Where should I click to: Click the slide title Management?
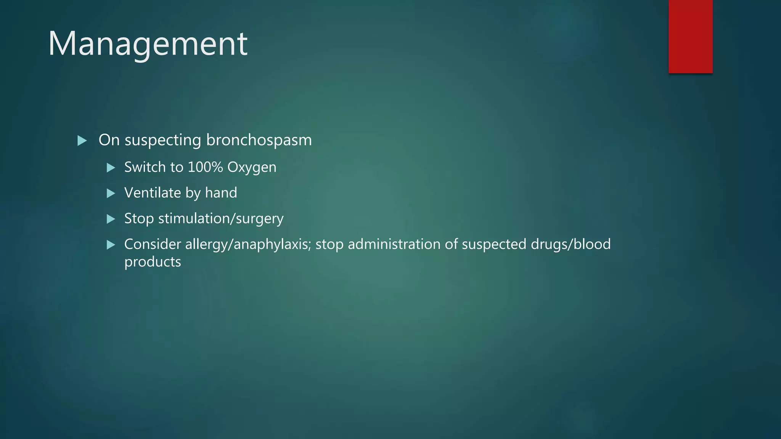[148, 44]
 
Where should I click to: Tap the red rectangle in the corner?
[690, 36]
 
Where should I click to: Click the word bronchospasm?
[259, 140]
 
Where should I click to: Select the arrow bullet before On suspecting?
[82, 141]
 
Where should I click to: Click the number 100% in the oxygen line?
[205, 167]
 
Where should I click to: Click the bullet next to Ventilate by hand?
[111, 193]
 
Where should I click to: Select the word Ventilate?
[153, 193]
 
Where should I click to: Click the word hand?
[221, 193]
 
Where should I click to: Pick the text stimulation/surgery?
[221, 219]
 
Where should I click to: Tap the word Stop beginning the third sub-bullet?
[139, 219]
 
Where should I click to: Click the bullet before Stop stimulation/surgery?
[111, 219]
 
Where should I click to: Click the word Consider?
[153, 244]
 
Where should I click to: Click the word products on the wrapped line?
[153, 262]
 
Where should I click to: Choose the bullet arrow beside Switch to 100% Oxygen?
[111, 168]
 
